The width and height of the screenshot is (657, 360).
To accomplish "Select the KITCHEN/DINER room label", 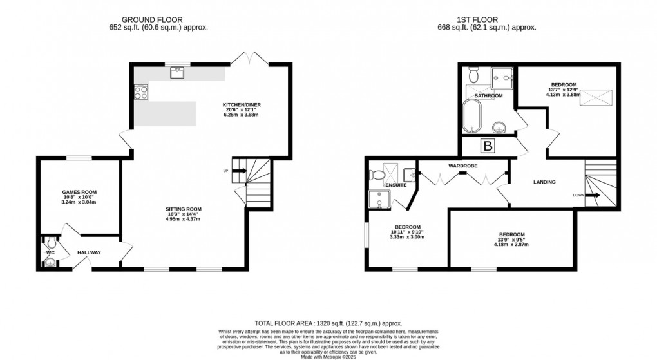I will click(x=242, y=104).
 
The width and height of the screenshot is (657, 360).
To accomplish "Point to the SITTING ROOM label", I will click(x=184, y=209).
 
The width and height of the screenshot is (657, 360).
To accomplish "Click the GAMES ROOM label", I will click(x=79, y=192).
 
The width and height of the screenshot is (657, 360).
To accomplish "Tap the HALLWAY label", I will click(x=89, y=252).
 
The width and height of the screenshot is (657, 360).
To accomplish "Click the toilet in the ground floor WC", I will click(x=50, y=243).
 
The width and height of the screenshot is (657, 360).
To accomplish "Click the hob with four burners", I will click(x=141, y=92).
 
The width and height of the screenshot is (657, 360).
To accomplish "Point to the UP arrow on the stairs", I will click(x=238, y=171).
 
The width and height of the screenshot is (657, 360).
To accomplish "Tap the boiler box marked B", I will click(x=488, y=147).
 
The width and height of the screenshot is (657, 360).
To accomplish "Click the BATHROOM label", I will click(x=488, y=96).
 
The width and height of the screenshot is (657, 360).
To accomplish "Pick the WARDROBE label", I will click(x=462, y=166).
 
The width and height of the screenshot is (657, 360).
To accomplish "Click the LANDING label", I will click(x=544, y=182).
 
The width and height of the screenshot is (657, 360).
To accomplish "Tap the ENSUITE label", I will click(x=395, y=185).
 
